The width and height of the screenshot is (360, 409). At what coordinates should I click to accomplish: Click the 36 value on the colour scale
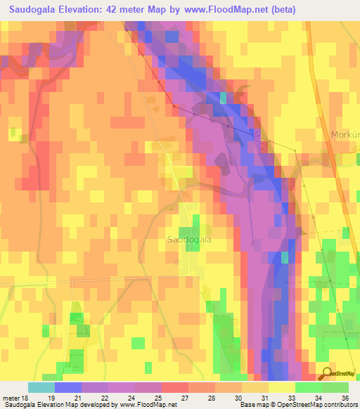tap(345, 397)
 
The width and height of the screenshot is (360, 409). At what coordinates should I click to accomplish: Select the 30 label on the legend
tap(244, 397)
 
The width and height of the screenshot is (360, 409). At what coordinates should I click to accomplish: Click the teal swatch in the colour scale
tap(41, 387)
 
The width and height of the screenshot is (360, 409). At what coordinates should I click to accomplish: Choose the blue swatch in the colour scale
tap(68, 387)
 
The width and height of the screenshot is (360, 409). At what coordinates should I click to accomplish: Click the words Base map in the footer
tap(250, 405)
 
